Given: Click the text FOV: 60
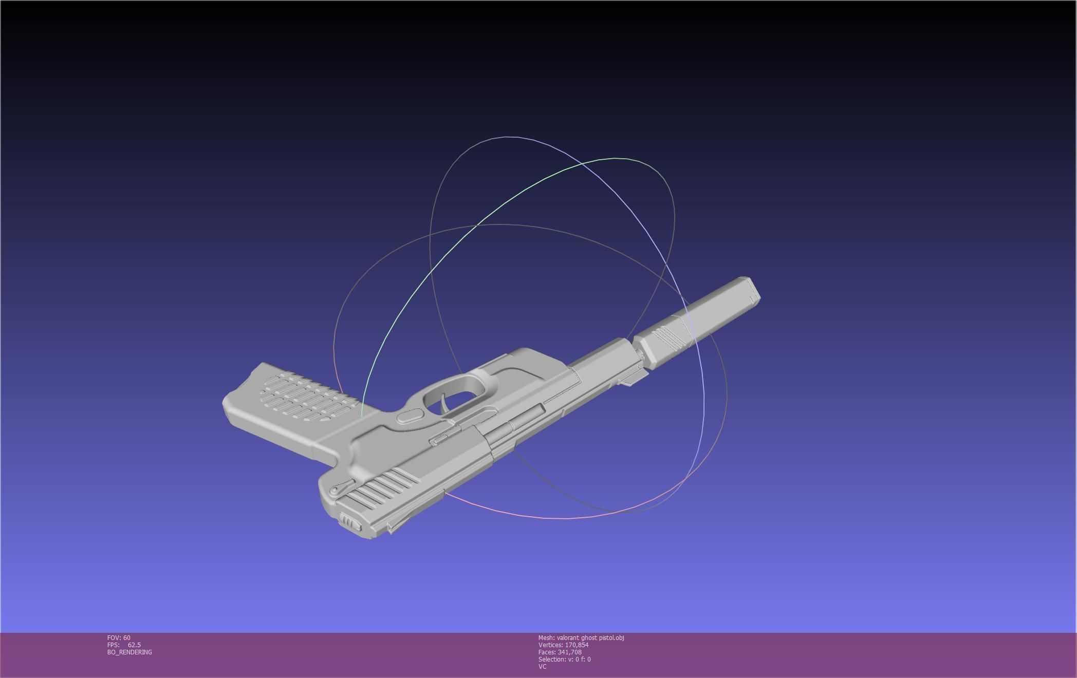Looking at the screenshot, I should point(119,638).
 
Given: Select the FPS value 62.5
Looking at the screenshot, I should point(134,645).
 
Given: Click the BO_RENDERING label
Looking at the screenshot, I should point(129,652).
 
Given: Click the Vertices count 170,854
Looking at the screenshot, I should point(577,645).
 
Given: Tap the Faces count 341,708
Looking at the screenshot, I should point(570,652).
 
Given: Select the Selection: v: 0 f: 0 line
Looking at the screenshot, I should point(564,660).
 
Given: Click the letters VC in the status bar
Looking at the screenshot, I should point(542,667).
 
